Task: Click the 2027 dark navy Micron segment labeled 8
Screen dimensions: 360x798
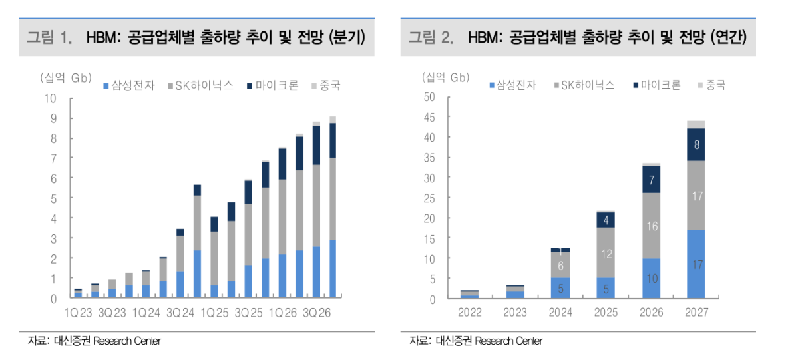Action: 696,144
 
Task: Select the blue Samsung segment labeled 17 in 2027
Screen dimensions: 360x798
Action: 696,264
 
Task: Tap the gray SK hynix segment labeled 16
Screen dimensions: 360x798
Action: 652,226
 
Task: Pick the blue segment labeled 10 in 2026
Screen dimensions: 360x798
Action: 652,278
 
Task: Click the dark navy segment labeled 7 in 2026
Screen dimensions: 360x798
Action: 652,179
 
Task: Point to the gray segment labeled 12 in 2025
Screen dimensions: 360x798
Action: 606,253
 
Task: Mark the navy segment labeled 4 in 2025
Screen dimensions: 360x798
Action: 606,220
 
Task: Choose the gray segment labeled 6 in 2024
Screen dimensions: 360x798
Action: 561,265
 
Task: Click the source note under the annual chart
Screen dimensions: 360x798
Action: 476,341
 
